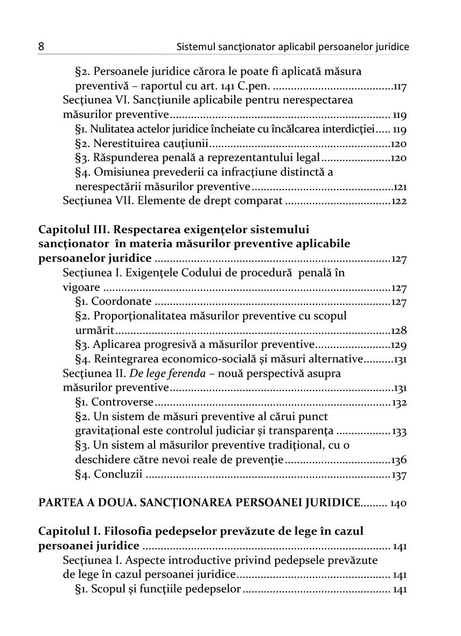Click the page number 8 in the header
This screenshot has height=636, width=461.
[x=41, y=47]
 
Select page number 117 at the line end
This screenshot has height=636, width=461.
[x=399, y=86]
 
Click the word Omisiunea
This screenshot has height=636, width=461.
[x=118, y=172]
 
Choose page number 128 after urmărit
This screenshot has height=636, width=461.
[x=399, y=331]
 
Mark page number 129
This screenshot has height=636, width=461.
[x=399, y=345]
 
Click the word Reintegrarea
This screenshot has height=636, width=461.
[x=125, y=359]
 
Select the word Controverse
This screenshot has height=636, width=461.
[x=123, y=402]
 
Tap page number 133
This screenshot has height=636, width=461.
[x=399, y=431]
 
